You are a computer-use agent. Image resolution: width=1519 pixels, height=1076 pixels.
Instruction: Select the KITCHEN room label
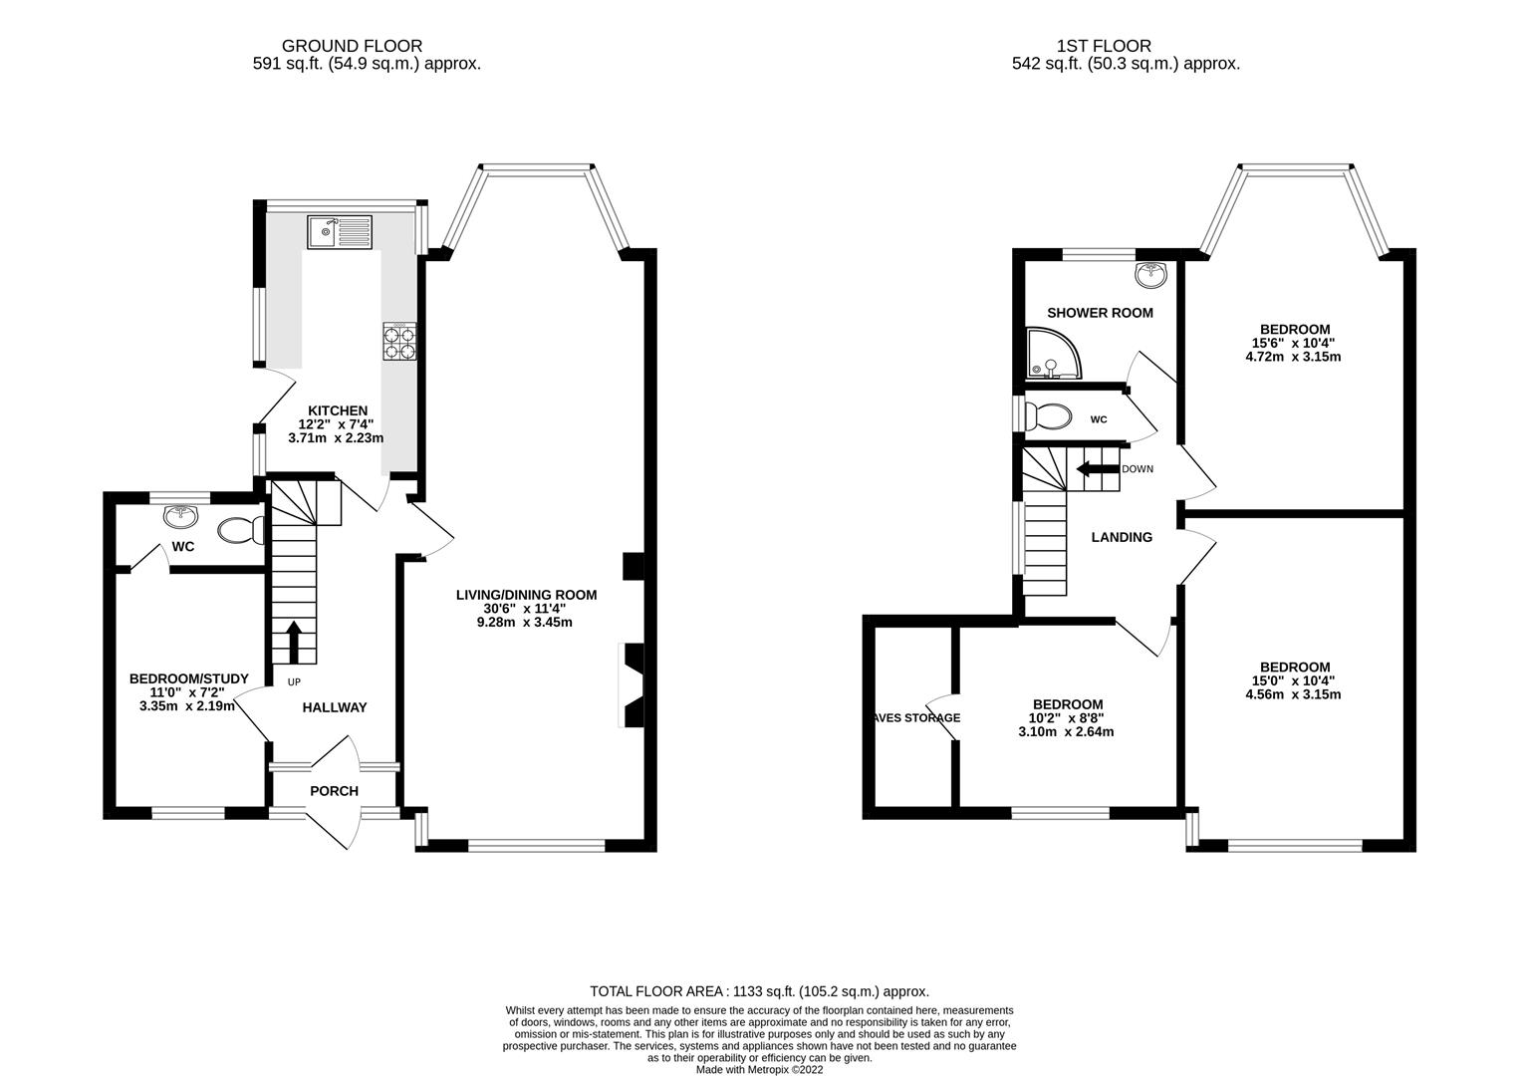click(337, 410)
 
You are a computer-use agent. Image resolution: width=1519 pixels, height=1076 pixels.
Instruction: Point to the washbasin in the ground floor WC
click(181, 515)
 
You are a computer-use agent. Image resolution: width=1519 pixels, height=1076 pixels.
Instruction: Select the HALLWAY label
click(335, 707)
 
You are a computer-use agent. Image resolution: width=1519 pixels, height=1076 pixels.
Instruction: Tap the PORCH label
click(334, 791)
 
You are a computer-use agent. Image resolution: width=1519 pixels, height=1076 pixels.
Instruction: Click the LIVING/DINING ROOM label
click(526, 595)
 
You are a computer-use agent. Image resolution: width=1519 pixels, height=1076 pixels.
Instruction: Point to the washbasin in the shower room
click(1151, 271)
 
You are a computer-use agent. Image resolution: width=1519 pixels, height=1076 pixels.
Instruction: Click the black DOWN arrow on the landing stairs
click(1096, 469)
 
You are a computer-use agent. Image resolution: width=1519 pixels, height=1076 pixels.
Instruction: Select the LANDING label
click(1122, 537)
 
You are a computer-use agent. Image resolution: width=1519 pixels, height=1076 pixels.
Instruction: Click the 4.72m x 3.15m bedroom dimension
click(1294, 356)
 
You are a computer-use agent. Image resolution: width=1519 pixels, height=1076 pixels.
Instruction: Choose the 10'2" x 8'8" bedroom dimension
click(1067, 717)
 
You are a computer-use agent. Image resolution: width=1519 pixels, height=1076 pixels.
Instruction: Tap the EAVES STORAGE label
click(913, 717)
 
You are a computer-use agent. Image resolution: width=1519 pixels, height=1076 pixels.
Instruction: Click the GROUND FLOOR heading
click(352, 46)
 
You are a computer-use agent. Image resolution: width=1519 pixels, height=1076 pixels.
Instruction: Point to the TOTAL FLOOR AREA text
click(759, 991)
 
